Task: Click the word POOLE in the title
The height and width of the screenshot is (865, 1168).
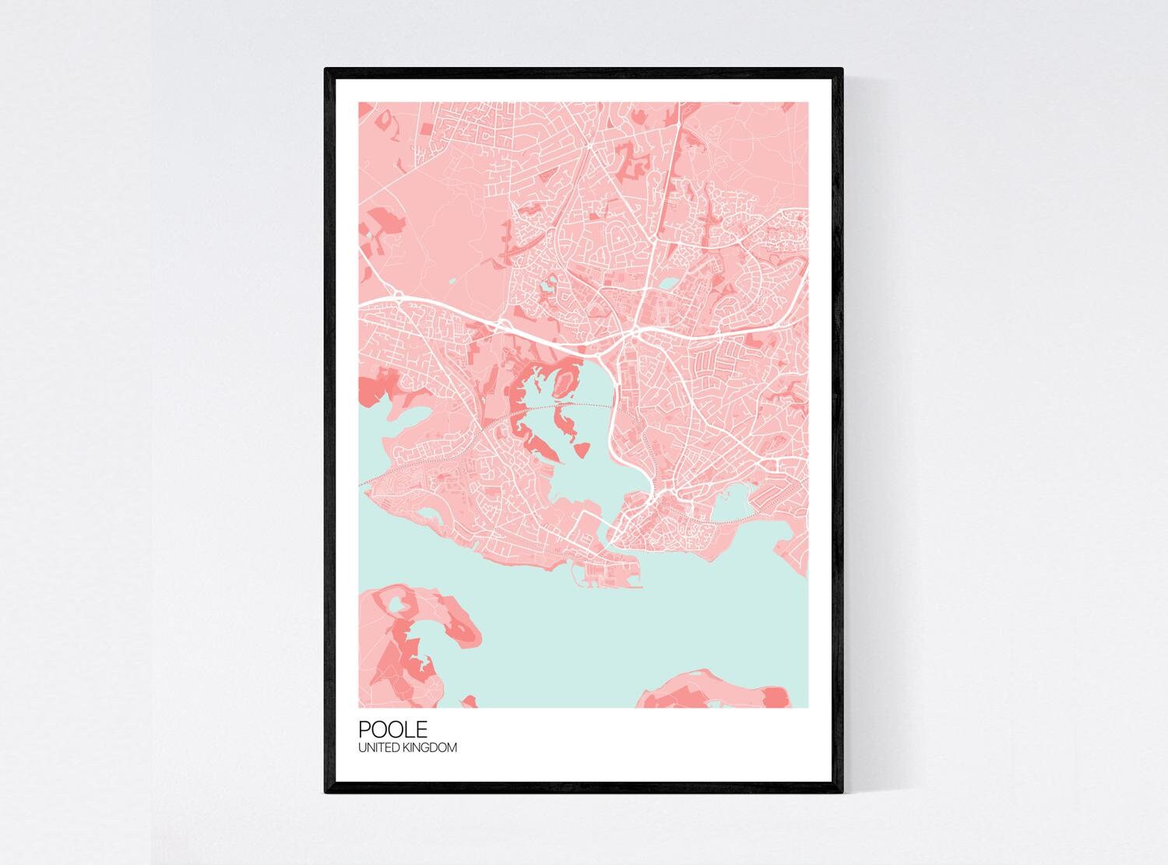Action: pos(392,730)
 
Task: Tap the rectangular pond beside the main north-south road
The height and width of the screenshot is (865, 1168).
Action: pos(667,284)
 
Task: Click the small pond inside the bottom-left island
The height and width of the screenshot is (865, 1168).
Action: pos(396,602)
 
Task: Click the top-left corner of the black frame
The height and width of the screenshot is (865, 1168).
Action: pos(326,70)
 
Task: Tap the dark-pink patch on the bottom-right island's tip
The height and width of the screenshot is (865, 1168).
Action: pos(775,696)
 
